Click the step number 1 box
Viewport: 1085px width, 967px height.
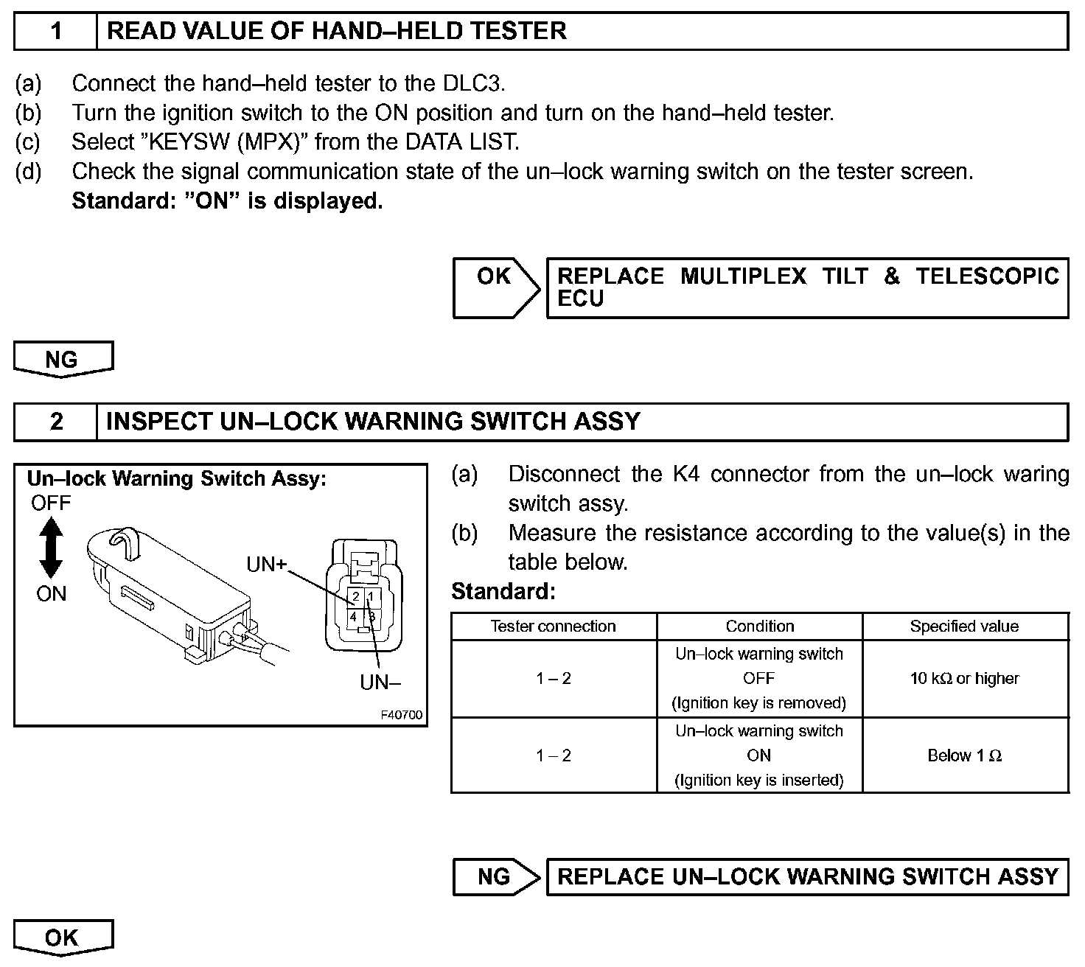[56, 31]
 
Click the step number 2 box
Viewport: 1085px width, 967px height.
[56, 422]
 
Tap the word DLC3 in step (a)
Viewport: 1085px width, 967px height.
[473, 83]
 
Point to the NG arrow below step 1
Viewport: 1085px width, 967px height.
[63, 360]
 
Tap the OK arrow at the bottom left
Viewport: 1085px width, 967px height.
[63, 938]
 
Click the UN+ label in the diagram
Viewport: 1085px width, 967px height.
[266, 565]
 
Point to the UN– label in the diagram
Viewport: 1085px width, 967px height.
[380, 683]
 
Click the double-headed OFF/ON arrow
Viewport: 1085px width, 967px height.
[51, 548]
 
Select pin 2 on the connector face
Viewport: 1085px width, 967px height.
[355, 596]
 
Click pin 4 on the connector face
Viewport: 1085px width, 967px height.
[355, 616]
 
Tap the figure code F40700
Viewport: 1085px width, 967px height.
[402, 716]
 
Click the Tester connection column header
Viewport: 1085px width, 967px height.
[553, 626]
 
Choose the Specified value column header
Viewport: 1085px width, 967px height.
[964, 626]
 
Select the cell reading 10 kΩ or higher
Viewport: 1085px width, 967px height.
[964, 678]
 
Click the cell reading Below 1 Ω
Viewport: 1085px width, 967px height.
[964, 755]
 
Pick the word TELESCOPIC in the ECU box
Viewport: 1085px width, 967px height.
[987, 276]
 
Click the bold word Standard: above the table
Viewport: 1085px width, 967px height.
[503, 591]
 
